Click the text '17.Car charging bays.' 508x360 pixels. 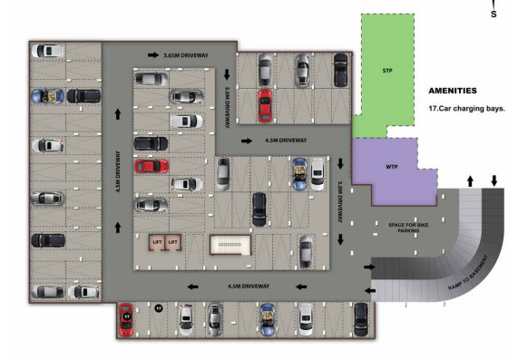(465, 108)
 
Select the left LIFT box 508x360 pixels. (156, 243)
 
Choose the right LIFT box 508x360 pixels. (172, 243)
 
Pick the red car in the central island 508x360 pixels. (151, 166)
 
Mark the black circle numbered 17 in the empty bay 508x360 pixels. (158, 309)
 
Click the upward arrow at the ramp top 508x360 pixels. (469, 181)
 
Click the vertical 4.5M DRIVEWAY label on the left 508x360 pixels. (118, 170)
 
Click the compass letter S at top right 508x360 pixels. (493, 14)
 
